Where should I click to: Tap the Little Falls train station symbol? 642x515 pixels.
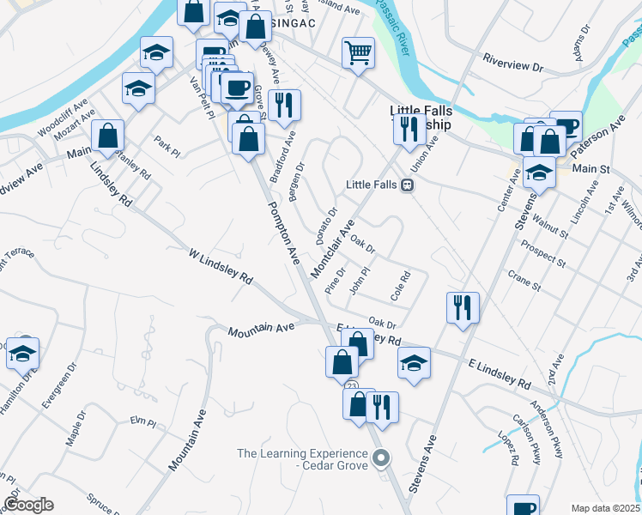[409, 185]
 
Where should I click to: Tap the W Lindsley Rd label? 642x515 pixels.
[221, 266]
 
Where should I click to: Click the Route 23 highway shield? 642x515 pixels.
[353, 388]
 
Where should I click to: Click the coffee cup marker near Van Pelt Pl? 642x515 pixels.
[237, 87]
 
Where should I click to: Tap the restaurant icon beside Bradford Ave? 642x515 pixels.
[284, 106]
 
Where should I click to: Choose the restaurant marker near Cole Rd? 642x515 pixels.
[463, 307]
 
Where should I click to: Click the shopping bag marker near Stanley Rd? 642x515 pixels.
[108, 135]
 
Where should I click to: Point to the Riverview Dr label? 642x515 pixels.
[514, 65]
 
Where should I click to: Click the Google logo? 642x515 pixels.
[27, 505]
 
